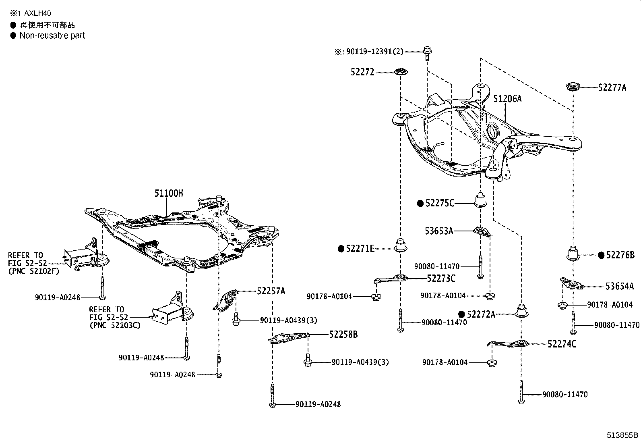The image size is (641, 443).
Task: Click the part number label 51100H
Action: [169, 193]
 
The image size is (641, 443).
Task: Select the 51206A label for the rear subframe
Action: [507, 99]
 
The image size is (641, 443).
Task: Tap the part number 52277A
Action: [612, 87]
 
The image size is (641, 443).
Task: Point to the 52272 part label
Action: [362, 72]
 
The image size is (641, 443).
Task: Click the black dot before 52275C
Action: [420, 204]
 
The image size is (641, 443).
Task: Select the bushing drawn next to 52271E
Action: [400, 245]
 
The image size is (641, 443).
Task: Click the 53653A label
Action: [439, 231]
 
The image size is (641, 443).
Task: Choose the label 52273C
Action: [441, 278]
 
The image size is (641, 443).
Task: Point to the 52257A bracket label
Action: [271, 291]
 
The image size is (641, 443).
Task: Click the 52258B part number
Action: [343, 334]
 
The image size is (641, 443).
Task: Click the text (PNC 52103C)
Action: [115, 325]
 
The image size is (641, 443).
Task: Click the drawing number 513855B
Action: [622, 435]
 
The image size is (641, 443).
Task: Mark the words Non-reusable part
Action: [52, 35]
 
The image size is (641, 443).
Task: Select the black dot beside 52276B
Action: [601, 255]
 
